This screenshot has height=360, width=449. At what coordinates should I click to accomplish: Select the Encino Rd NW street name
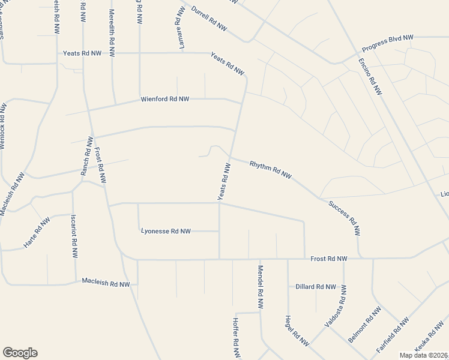click(x=370, y=77)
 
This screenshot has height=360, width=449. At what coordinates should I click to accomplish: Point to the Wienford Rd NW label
click(x=165, y=99)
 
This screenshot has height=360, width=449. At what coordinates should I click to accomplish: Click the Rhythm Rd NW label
click(x=270, y=169)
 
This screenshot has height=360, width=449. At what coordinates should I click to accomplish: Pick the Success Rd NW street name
click(x=345, y=217)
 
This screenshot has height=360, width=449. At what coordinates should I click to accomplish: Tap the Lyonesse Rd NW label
click(x=166, y=231)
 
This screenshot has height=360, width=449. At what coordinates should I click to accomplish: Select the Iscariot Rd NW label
click(x=74, y=236)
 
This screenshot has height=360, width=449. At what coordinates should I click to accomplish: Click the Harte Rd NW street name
click(x=36, y=233)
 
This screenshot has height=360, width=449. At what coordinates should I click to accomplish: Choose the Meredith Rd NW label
click(x=112, y=29)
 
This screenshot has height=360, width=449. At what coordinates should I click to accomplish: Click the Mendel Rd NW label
click(x=261, y=287)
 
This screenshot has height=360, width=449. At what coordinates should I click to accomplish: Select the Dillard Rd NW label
click(x=316, y=287)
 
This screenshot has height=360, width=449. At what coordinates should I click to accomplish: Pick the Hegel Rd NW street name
click(x=297, y=331)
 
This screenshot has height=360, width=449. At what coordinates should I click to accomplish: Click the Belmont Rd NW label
click(x=365, y=325)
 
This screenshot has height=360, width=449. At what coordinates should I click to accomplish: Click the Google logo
click(x=20, y=353)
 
